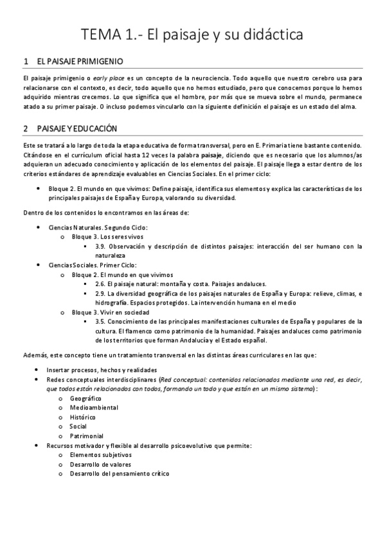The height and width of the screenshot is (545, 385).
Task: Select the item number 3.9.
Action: click(x=100, y=246)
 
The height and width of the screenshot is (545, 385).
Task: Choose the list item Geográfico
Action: click(x=85, y=399)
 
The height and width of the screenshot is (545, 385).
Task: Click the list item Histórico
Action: click(x=84, y=417)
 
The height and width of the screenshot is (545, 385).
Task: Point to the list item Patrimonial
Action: click(x=87, y=436)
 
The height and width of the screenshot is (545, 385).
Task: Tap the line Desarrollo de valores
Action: click(x=101, y=465)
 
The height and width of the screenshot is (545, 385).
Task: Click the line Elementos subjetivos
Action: click(x=101, y=455)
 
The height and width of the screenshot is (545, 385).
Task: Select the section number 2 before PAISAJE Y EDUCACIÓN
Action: click(x=25, y=129)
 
